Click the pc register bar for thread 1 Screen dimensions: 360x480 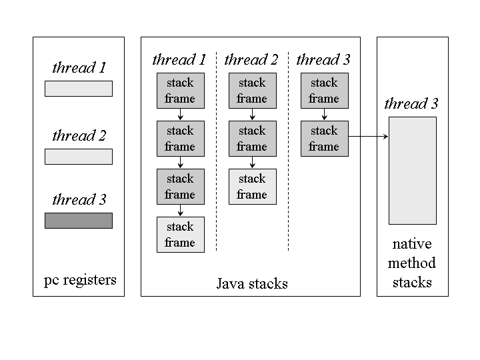tap(79, 89)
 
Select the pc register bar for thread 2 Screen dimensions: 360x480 tap(79, 157)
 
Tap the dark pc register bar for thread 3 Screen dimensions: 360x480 tap(79, 221)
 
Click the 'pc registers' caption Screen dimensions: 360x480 tap(80, 279)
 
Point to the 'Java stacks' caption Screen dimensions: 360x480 tap(252, 283)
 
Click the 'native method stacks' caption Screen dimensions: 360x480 tap(412, 263)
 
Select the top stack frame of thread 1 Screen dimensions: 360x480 tap(180, 91)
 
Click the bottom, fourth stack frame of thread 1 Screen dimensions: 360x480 tap(180, 235)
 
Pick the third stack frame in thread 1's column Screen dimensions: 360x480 tap(180, 187)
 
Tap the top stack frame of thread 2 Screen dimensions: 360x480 tap(252, 91)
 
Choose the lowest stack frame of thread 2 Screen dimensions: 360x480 tap(252, 187)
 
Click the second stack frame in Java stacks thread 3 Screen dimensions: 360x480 tap(324, 139)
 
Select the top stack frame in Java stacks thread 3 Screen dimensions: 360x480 tap(324, 91)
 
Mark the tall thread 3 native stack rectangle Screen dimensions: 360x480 tap(413, 171)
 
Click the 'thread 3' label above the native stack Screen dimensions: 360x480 tap(411, 104)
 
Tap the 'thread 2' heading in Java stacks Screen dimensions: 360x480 tap(251, 60)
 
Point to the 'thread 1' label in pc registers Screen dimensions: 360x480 tap(79, 67)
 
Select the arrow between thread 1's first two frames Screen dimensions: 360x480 tap(180, 115)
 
